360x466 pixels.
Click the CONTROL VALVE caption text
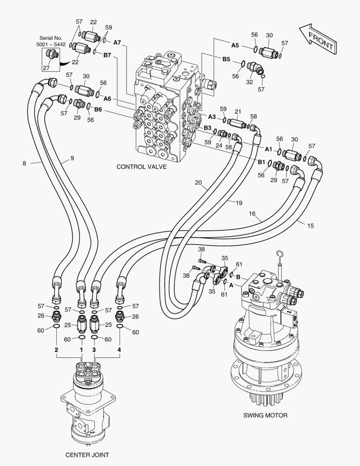141,167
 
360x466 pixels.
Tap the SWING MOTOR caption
265,416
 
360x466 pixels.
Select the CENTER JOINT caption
87,455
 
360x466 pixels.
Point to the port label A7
118,43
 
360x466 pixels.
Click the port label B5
226,60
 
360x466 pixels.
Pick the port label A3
212,116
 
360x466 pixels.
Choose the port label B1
262,162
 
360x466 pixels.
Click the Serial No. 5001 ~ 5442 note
51,41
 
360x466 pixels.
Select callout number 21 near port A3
238,112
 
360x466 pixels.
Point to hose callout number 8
24,163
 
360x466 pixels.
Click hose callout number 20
198,182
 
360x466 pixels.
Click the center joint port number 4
119,349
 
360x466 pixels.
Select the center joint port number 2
56,349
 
